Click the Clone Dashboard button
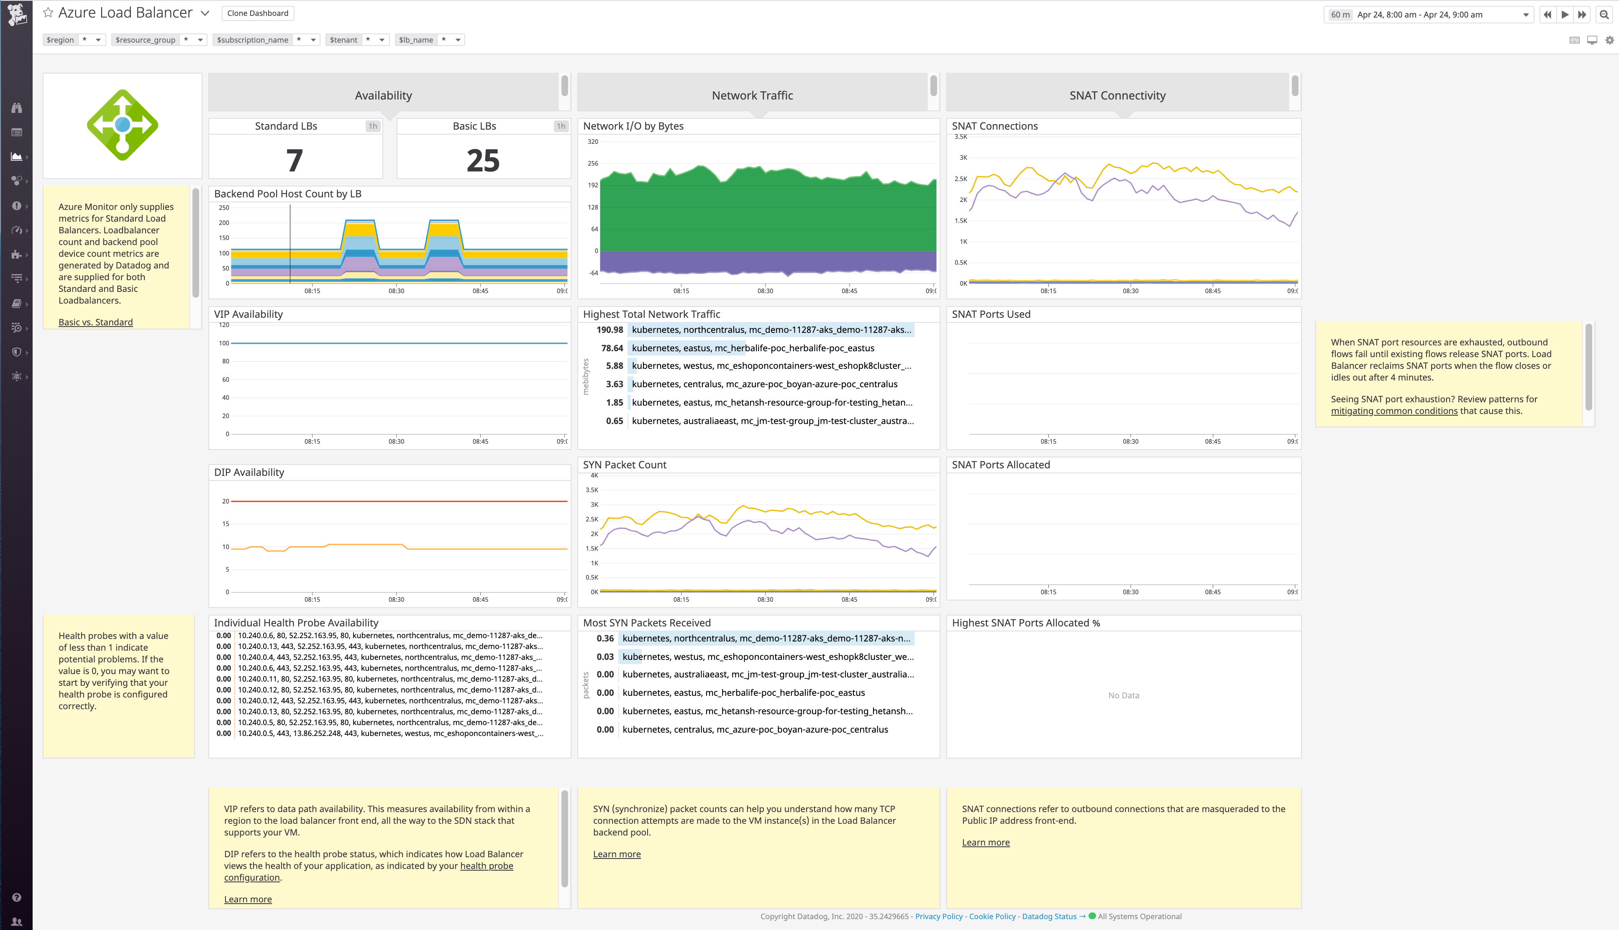(257, 13)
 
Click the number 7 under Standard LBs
(294, 160)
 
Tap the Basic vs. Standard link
(96, 322)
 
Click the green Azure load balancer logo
(123, 125)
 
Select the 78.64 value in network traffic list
(612, 348)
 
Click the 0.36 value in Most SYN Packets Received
(605, 639)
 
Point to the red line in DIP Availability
(396, 501)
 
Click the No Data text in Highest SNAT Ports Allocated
(1123, 695)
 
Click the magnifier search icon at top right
(1604, 15)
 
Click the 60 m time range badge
(1340, 15)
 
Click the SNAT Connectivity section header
(1117, 96)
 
